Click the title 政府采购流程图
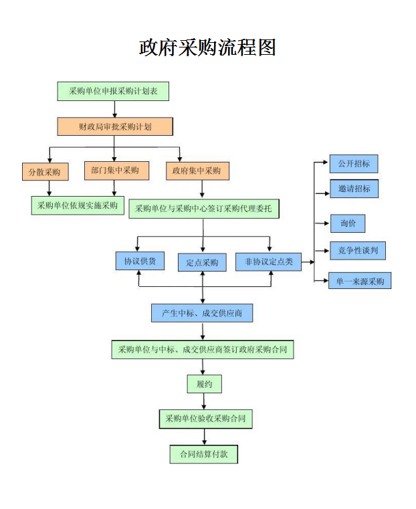click(207, 47)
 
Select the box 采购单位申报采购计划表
click(113, 91)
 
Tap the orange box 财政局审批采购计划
click(114, 126)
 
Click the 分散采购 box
click(45, 172)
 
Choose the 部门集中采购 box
click(115, 171)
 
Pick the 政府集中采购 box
click(197, 171)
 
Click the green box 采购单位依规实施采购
click(78, 205)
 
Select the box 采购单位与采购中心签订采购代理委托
click(203, 209)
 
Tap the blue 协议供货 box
click(140, 262)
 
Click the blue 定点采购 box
click(202, 262)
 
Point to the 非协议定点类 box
click(269, 262)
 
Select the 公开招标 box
click(354, 164)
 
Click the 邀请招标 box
click(354, 189)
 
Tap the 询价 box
click(348, 223)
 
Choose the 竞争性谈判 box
click(358, 250)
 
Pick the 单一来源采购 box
click(360, 281)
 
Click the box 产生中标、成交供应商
click(202, 312)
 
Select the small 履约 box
click(204, 384)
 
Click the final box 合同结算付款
click(203, 454)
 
